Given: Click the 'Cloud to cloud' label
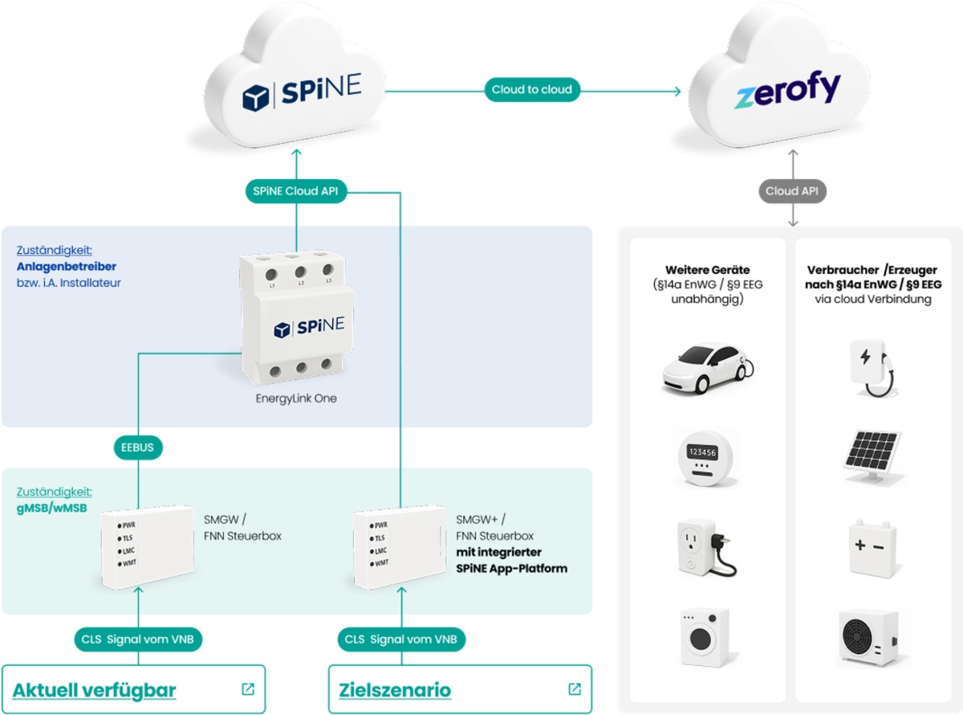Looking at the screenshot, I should (x=532, y=89).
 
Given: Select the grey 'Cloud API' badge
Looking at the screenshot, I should (x=792, y=191).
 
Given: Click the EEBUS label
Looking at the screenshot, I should (x=138, y=448).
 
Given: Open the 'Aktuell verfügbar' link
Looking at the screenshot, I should (x=95, y=690).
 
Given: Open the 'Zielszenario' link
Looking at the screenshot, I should (x=395, y=690).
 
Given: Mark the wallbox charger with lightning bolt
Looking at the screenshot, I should (x=872, y=366).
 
